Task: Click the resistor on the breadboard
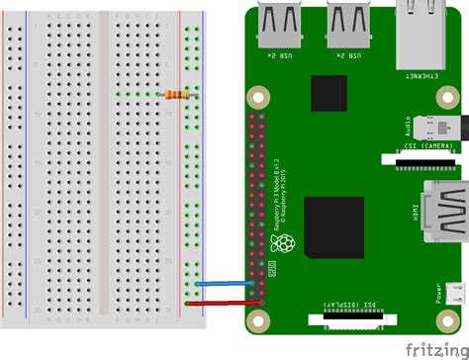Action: pyautogui.click(x=176, y=95)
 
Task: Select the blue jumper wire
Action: pyautogui.click(x=228, y=284)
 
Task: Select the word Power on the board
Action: pyautogui.click(x=436, y=295)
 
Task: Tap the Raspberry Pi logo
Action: pyautogui.click(x=285, y=244)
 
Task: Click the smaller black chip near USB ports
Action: pyautogui.click(x=328, y=94)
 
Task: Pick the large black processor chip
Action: pyautogui.click(x=333, y=226)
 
